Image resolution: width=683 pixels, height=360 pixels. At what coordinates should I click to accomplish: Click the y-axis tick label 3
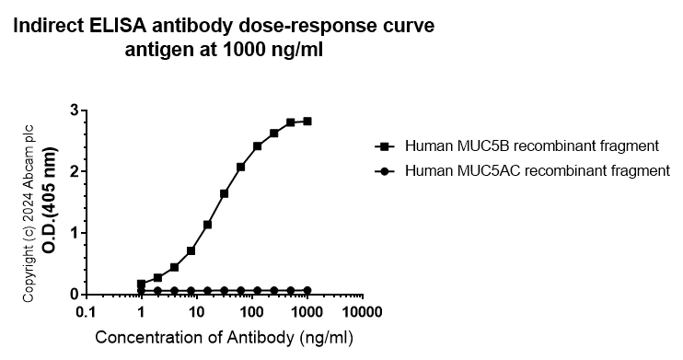[x=72, y=110]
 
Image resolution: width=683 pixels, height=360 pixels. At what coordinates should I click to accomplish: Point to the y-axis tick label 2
[x=72, y=171]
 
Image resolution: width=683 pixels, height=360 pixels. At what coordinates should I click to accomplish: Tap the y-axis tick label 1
[x=72, y=233]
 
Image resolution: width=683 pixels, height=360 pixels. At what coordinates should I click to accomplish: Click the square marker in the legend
[x=383, y=145]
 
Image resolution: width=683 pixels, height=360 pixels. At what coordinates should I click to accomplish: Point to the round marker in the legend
[x=383, y=170]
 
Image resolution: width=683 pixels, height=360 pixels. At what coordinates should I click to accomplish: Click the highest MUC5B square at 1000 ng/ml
[x=307, y=121]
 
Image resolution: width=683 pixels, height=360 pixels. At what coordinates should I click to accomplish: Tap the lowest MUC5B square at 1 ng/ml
[x=141, y=284]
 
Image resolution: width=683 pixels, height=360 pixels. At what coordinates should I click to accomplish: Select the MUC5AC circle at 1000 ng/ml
[x=307, y=290]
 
